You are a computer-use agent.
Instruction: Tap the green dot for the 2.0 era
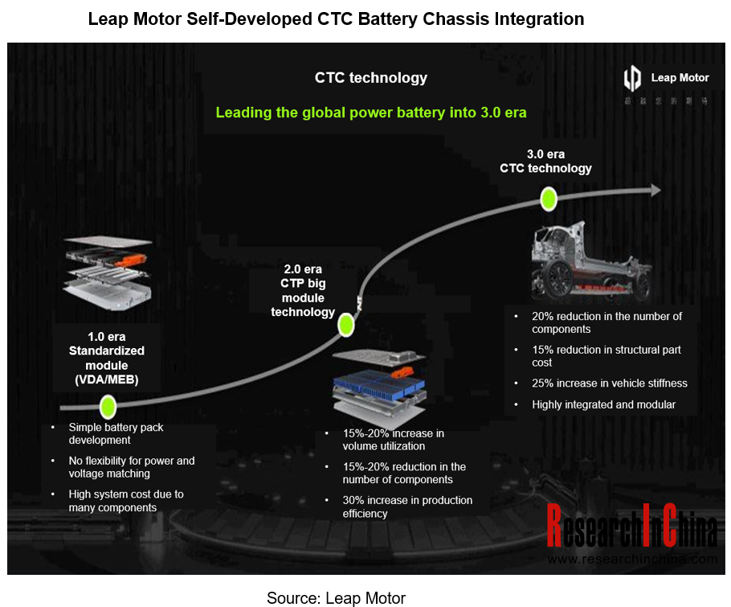tap(346, 326)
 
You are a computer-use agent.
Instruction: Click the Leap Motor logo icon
tap(633, 79)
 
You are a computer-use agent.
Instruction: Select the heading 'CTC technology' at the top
tap(370, 78)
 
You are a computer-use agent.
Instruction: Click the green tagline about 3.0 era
tap(370, 113)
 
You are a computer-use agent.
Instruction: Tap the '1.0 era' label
tap(107, 336)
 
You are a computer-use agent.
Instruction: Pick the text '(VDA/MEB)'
tap(107, 379)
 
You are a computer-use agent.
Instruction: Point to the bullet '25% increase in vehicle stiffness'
tap(609, 383)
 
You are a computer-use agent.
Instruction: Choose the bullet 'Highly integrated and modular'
tap(603, 405)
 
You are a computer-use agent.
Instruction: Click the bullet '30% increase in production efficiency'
tap(407, 507)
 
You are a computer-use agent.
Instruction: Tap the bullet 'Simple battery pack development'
tap(116, 433)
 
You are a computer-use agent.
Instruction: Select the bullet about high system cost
tap(125, 500)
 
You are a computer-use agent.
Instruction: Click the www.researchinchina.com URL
tap(632, 559)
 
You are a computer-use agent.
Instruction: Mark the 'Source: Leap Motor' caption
tap(336, 597)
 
